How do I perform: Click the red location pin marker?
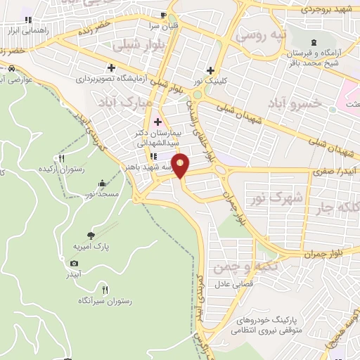click(181, 166)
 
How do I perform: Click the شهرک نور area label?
click(275, 198)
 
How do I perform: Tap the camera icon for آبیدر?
click(75, 263)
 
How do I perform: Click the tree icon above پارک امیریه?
click(90, 236)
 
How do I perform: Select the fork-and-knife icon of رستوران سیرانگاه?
click(105, 289)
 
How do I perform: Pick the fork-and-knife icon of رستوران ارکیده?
click(62, 158)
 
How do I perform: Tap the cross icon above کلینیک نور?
click(211, 70)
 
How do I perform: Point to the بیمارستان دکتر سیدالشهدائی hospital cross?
click(157, 122)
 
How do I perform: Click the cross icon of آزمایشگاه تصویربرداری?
click(111, 67)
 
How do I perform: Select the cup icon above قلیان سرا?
click(163, 15)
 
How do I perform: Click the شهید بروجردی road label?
click(324, 8)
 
